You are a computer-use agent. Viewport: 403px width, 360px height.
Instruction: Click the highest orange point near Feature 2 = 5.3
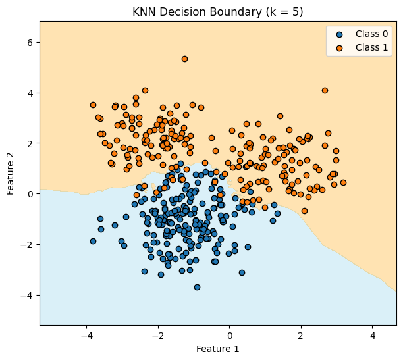[x=184, y=59]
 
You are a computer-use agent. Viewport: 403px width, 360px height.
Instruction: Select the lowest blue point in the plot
[x=197, y=287]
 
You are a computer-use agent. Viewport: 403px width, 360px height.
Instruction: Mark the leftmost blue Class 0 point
[x=93, y=241]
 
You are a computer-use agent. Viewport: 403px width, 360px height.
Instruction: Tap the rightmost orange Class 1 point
[x=343, y=182]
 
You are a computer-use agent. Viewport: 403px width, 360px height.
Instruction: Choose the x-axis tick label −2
[x=157, y=335]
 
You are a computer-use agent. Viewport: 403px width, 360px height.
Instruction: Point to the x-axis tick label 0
[x=229, y=335]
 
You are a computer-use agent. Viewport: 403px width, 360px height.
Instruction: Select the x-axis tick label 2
[x=301, y=335]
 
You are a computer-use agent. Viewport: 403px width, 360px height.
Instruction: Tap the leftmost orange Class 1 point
[x=93, y=105]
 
